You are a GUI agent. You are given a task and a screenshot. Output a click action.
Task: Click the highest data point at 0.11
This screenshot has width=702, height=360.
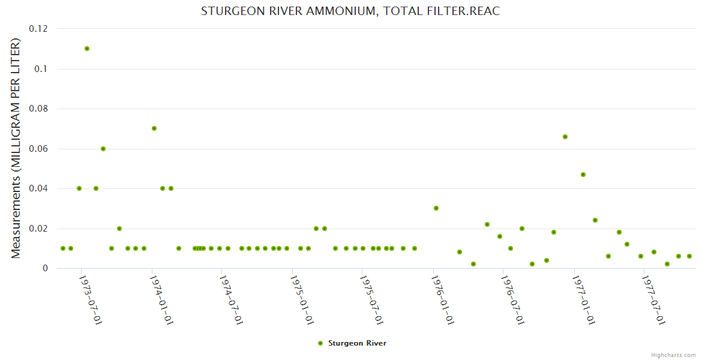tap(87, 49)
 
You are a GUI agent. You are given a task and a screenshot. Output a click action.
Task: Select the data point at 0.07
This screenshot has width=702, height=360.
tap(154, 128)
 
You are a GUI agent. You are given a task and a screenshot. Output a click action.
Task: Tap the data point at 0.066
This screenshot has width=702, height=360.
tap(565, 137)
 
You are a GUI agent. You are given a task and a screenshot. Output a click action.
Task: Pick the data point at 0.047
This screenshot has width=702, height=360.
tap(583, 175)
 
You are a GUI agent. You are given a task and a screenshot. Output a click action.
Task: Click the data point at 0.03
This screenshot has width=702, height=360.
tap(436, 208)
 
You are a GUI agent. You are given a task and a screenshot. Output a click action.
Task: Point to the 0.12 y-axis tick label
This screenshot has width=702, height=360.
tap(39, 29)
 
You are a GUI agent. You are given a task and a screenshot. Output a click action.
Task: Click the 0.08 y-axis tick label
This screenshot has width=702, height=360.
tap(39, 109)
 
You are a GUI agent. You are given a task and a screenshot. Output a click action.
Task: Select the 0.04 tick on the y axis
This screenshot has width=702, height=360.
tap(39, 188)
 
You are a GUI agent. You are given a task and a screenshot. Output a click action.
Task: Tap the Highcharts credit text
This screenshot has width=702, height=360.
tap(673, 355)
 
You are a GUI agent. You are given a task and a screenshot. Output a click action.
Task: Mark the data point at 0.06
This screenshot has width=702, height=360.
tap(103, 149)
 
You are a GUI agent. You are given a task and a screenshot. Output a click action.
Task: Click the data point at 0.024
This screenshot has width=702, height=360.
tap(595, 220)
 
